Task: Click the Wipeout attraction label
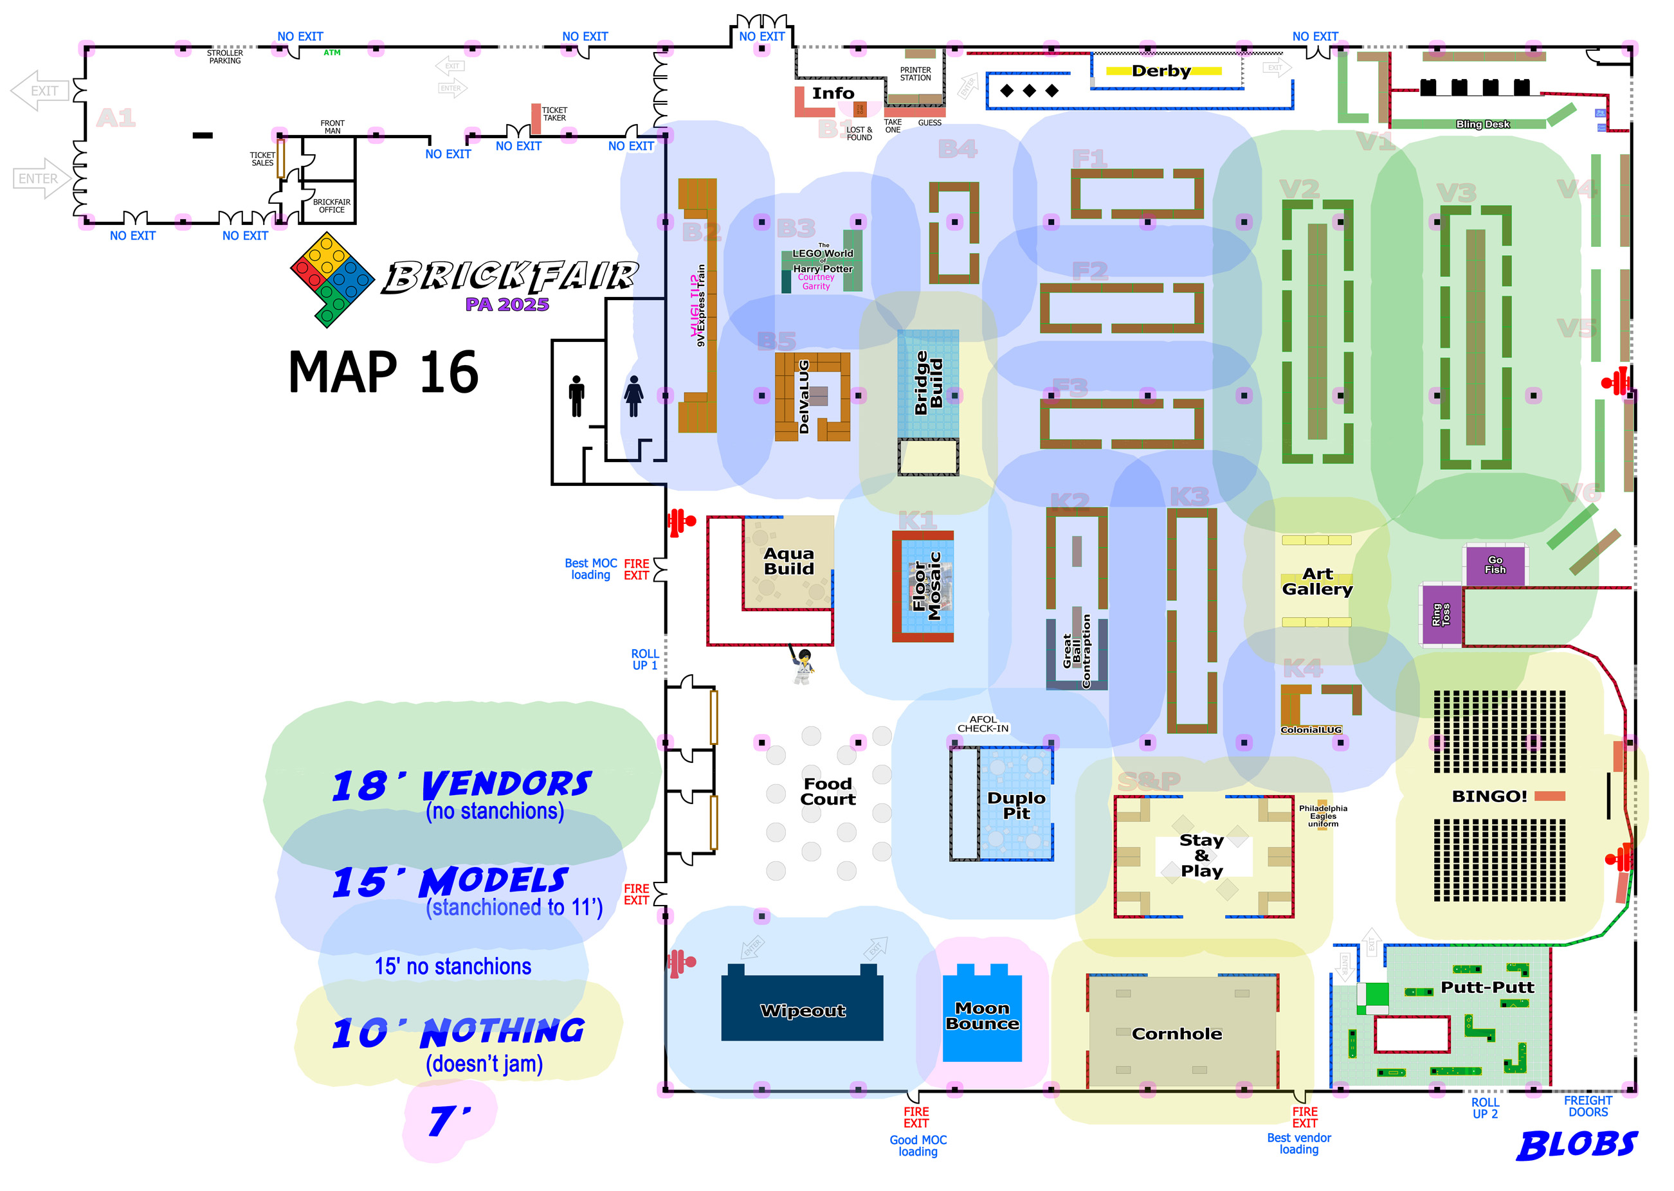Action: pyautogui.click(x=803, y=1010)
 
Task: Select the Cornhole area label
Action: pyautogui.click(x=1177, y=1034)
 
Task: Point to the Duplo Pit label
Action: pyautogui.click(x=1016, y=805)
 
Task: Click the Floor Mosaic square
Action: pyautogui.click(x=923, y=587)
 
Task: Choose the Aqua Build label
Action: pyautogui.click(x=788, y=561)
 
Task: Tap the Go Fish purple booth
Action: pyautogui.click(x=1495, y=565)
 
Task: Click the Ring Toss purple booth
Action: pyautogui.click(x=1440, y=614)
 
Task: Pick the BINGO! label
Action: pyautogui.click(x=1489, y=796)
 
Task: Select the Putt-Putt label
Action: pyautogui.click(x=1487, y=987)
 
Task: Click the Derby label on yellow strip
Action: pyautogui.click(x=1161, y=71)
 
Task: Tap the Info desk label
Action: pyautogui.click(x=833, y=93)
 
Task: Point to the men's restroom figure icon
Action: pyautogui.click(x=577, y=396)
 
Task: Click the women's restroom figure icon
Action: pyautogui.click(x=634, y=396)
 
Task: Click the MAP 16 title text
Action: pyautogui.click(x=383, y=373)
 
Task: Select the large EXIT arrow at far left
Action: pyautogui.click(x=40, y=91)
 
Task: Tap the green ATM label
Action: pyautogui.click(x=332, y=53)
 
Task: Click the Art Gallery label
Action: pyautogui.click(x=1316, y=582)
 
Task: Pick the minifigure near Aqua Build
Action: pyautogui.click(x=803, y=665)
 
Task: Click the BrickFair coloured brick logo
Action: pyautogui.click(x=332, y=279)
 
